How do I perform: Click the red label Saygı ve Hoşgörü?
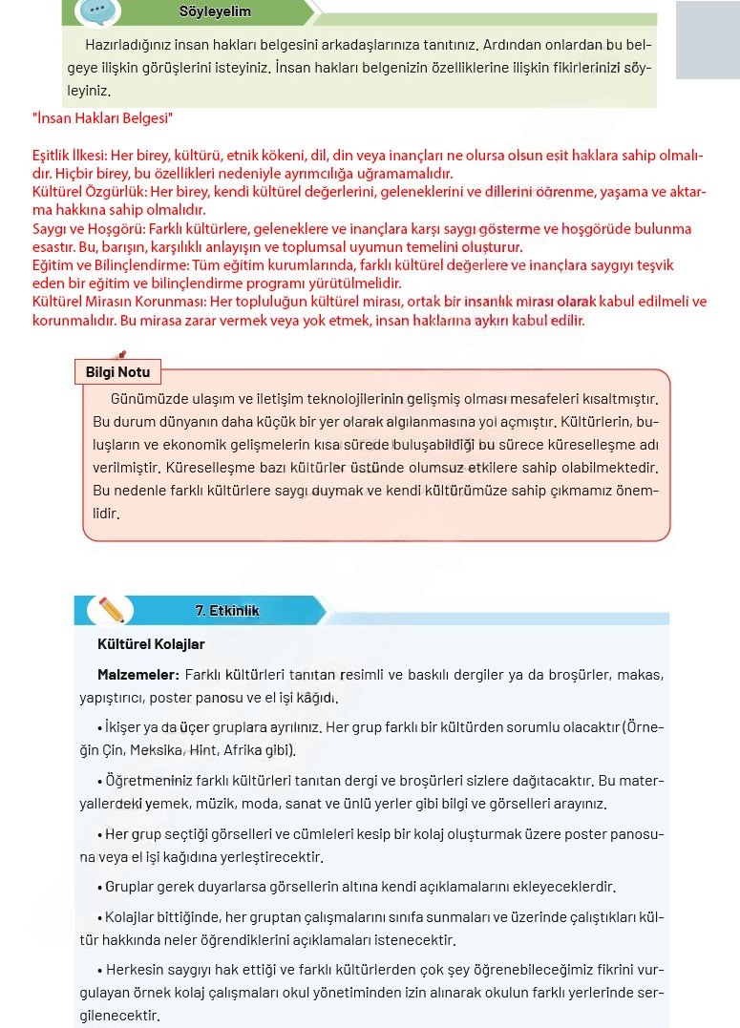tap(84, 229)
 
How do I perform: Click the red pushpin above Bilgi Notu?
tap(119, 356)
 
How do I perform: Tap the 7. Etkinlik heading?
tap(227, 611)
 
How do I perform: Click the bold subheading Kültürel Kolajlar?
tap(151, 644)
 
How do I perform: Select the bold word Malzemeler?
tap(137, 675)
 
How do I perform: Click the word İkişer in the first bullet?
tap(128, 726)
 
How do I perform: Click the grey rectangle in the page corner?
tap(708, 39)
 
